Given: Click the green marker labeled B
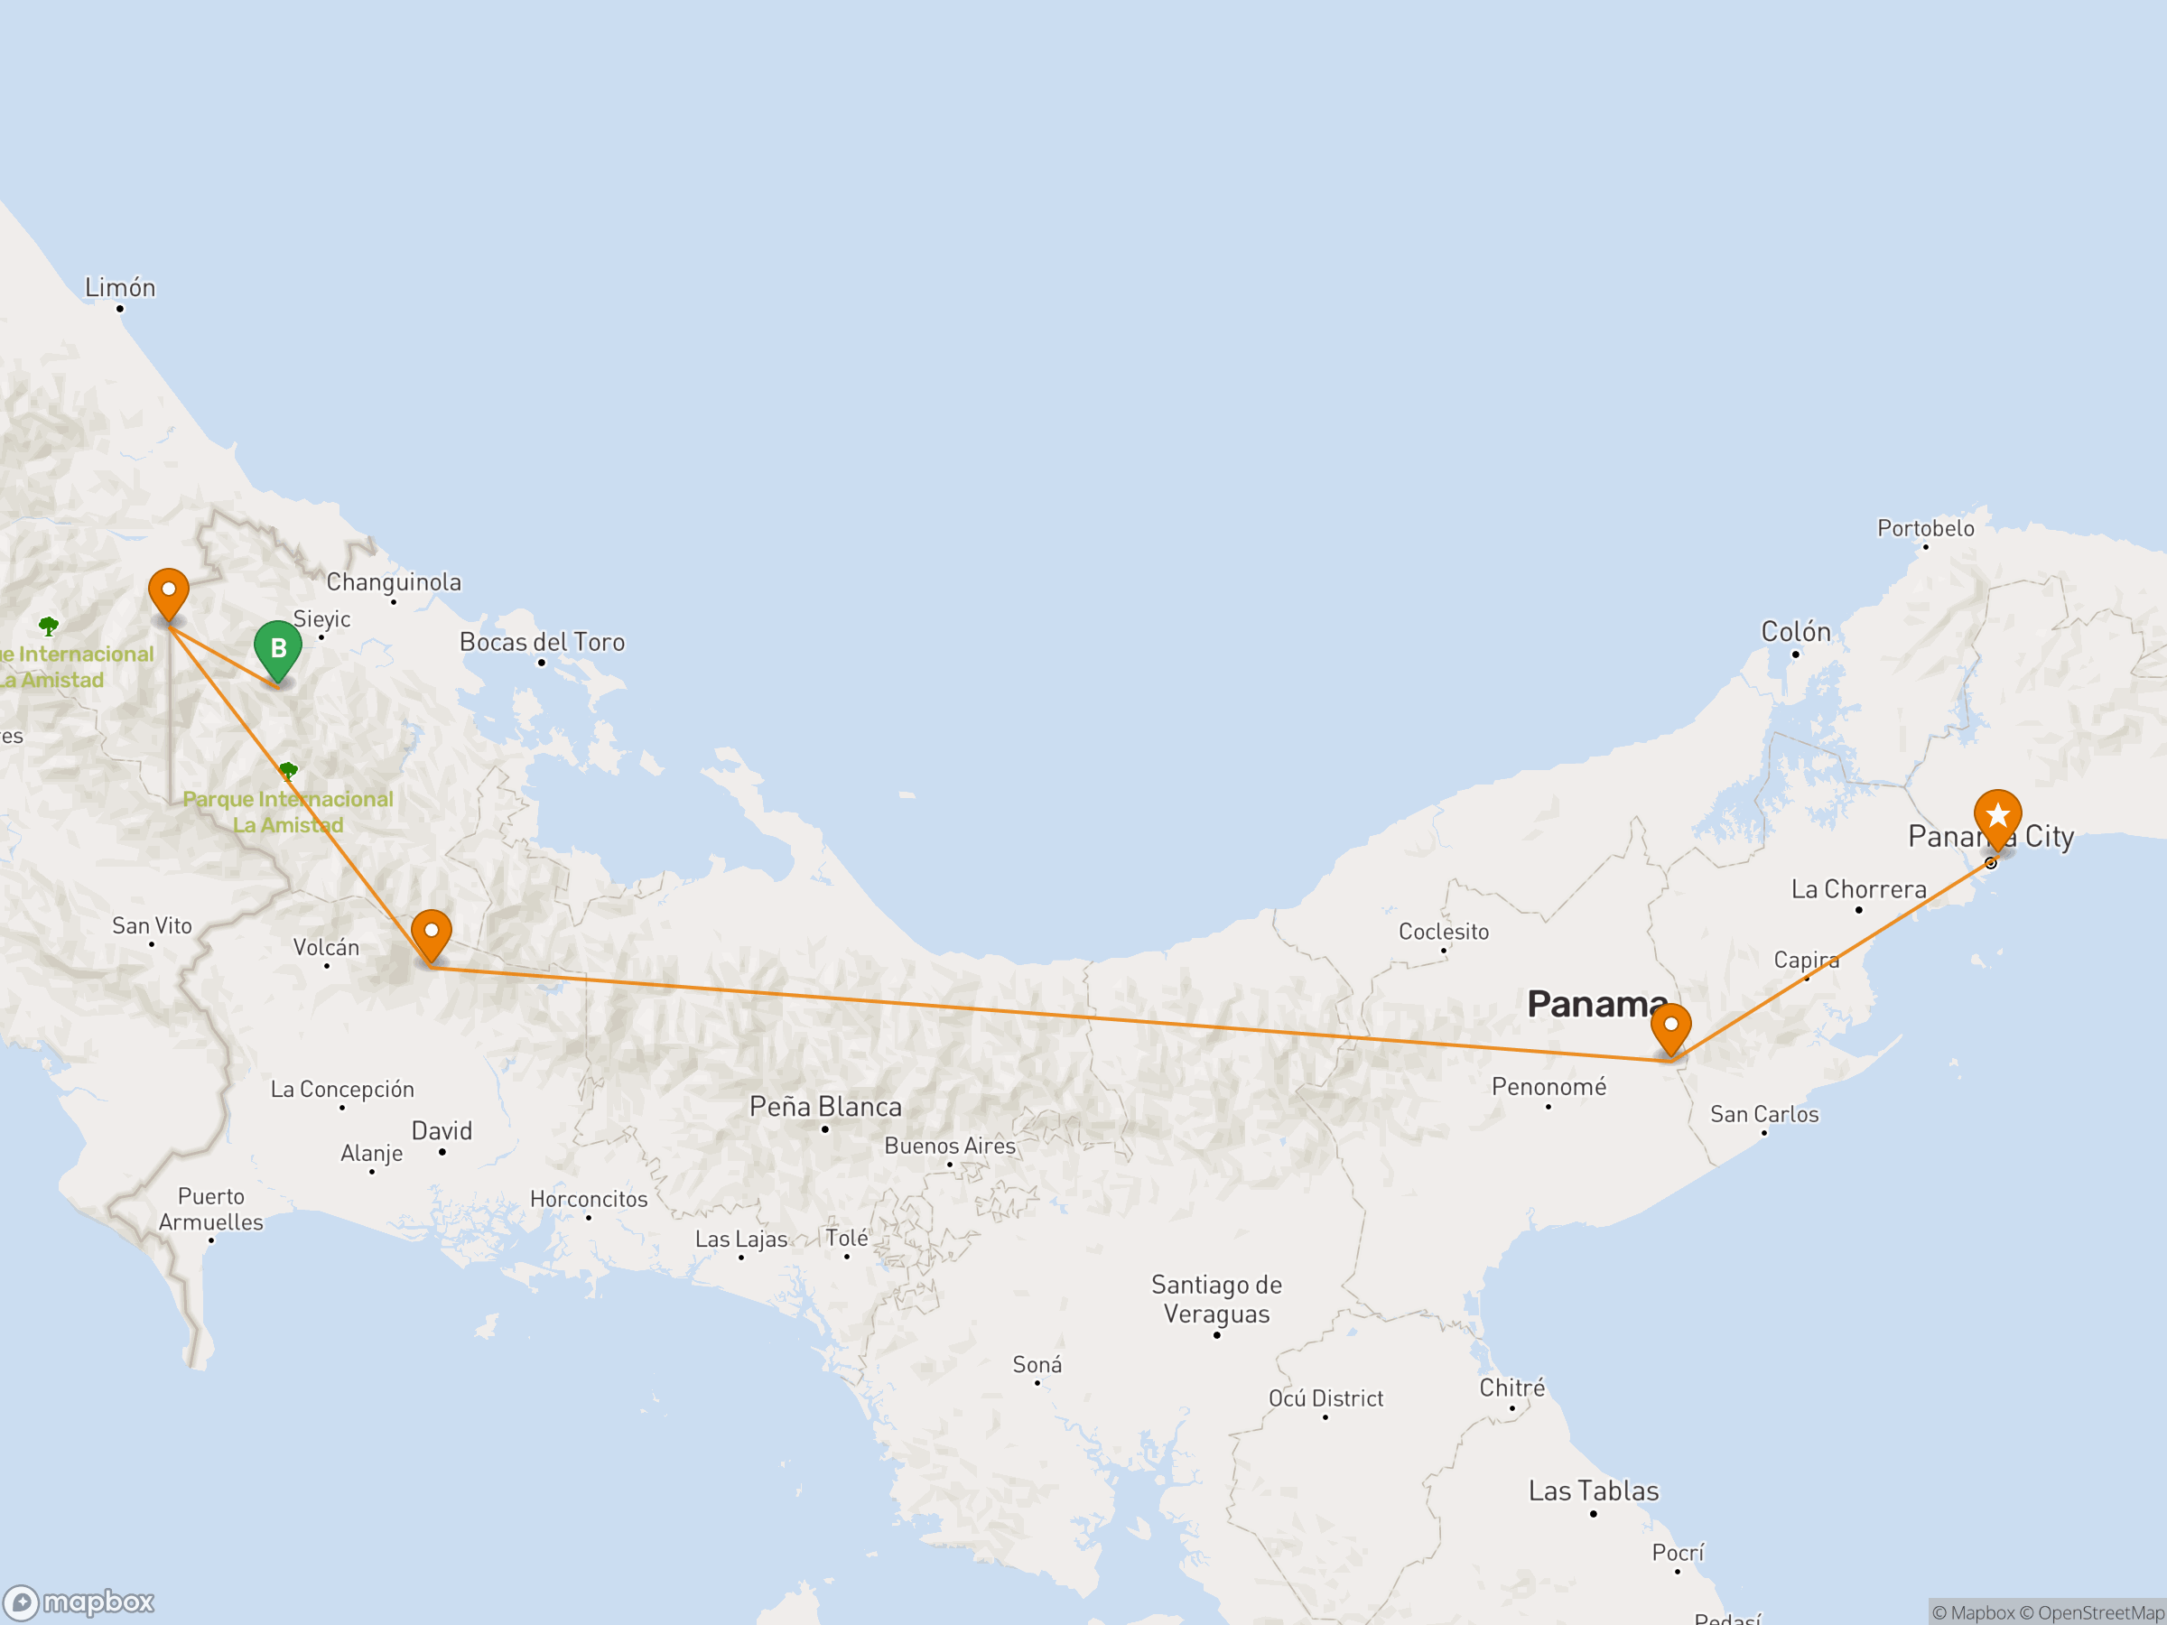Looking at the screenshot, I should [x=277, y=648].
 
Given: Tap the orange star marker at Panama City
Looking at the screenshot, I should [x=1996, y=816].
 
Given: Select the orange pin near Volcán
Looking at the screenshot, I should [x=431, y=932].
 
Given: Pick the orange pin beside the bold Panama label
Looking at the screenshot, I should [x=1670, y=1026].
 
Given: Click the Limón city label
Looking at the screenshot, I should [x=119, y=288].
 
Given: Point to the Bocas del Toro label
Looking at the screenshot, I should [x=542, y=643].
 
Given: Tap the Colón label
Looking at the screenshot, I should [x=1795, y=632].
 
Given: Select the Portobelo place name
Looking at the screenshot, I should [x=1925, y=529].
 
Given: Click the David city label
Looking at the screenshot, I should [x=442, y=1131].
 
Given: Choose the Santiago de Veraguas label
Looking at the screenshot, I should [x=1215, y=1299].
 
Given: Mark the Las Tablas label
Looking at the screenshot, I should [x=1593, y=1490].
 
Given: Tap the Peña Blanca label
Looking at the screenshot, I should [x=825, y=1107].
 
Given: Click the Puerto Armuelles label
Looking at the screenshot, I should [x=210, y=1209].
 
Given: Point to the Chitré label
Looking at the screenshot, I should [x=1511, y=1388].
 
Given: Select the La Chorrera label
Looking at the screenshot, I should [x=1857, y=889].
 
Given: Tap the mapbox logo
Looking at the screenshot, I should [x=79, y=1602].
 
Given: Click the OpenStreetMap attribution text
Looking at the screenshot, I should [x=2100, y=1612].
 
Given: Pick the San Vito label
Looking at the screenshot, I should [x=152, y=925].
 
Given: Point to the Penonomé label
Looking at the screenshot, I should [x=1548, y=1086].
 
